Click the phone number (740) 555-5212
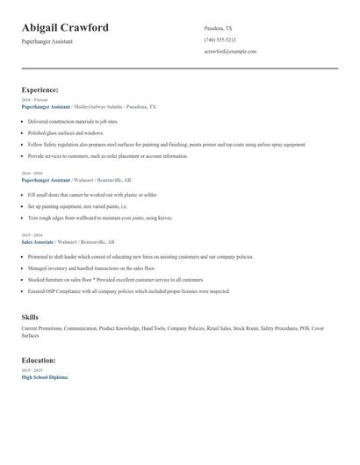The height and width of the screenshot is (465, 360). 220,39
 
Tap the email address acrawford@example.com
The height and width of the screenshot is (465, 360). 230,52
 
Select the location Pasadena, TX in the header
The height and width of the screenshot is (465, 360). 218,28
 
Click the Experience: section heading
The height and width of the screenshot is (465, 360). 40,89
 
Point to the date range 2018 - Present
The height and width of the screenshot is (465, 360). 34,100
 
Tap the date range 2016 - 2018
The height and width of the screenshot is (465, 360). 32,174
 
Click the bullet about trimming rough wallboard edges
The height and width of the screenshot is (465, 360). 100,217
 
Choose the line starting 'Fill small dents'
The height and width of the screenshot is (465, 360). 92,194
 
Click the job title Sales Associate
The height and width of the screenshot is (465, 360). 38,240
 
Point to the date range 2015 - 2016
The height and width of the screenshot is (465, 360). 32,234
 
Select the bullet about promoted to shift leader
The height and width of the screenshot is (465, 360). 140,257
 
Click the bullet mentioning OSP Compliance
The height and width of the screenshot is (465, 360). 128,290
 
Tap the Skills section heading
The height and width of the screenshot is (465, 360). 30,317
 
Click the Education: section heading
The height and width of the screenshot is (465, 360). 39,360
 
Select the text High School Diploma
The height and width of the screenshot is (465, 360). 44,376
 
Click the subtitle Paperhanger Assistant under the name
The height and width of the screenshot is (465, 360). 47,41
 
